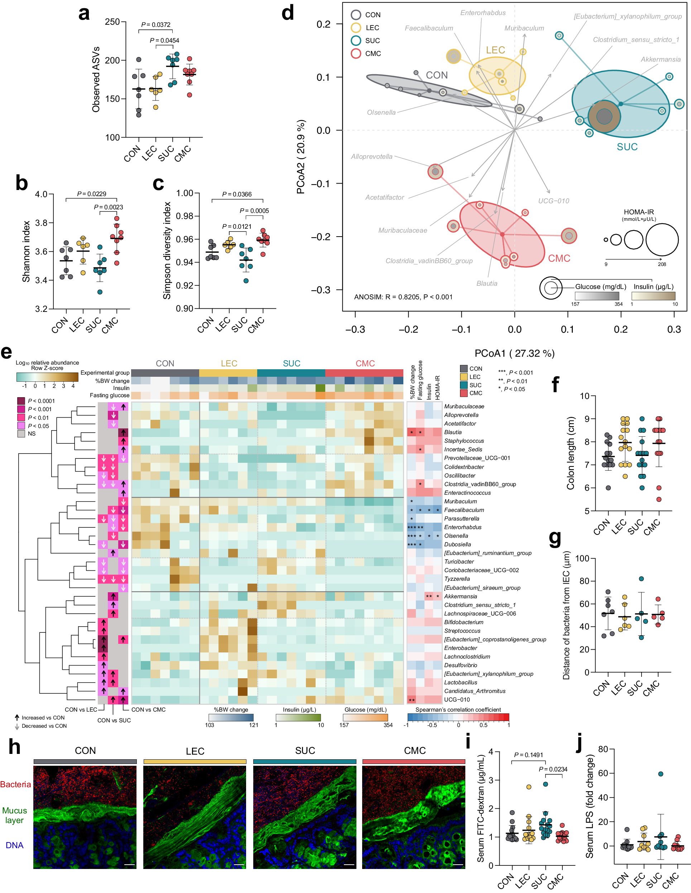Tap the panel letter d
[x=288, y=13]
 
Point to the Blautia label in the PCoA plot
[x=487, y=283]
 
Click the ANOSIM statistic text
[x=403, y=297]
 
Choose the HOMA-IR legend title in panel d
[x=639, y=212]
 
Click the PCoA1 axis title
[x=514, y=353]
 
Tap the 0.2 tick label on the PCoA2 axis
[x=323, y=24]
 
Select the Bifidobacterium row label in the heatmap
[x=464, y=622]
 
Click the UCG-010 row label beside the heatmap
[x=456, y=700]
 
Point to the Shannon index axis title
[x=27, y=251]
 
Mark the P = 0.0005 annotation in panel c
[x=254, y=210]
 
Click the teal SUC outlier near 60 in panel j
[x=661, y=774]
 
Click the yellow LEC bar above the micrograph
[x=195, y=761]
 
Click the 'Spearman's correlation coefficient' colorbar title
[x=458, y=709]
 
